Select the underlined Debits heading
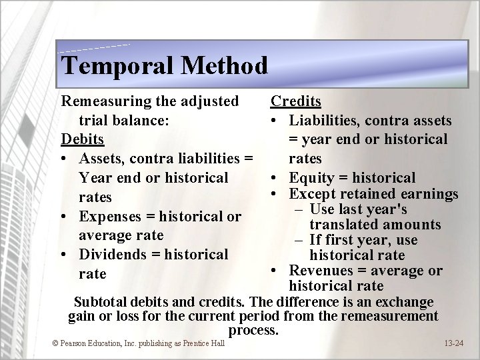(x=83, y=140)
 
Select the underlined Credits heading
(x=295, y=101)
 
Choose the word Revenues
(x=319, y=271)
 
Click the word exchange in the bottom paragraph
(x=405, y=302)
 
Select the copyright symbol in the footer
(x=55, y=343)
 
